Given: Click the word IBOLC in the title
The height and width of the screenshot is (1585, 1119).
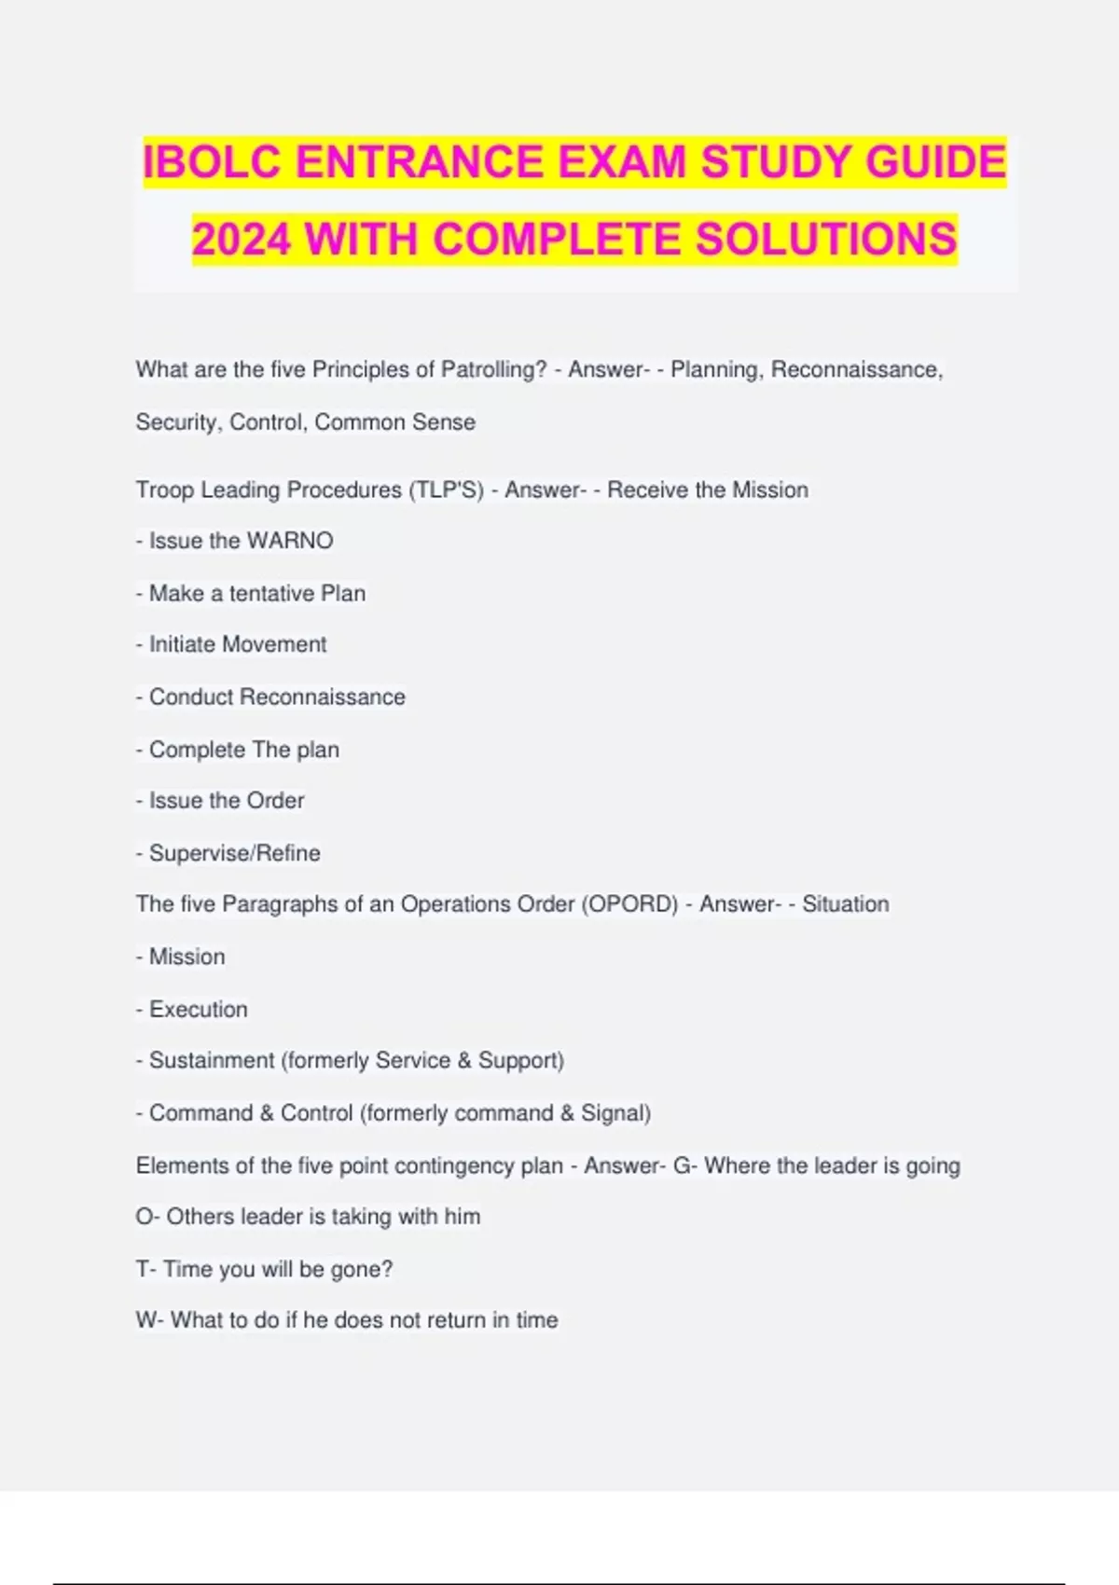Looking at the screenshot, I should click(214, 162).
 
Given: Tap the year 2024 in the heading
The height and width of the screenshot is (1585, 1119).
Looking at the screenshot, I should click(242, 240).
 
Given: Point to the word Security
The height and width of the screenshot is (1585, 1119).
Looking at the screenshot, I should click(179, 422).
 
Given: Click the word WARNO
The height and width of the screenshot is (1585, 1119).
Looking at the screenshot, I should click(290, 541).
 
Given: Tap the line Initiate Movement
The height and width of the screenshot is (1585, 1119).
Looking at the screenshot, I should click(238, 644).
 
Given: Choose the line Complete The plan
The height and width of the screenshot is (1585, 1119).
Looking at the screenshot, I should click(244, 750).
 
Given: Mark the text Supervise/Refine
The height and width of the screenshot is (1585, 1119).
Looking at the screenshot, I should click(235, 853).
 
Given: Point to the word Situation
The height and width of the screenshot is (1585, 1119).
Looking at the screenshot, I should click(846, 904).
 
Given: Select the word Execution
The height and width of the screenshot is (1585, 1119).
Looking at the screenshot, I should click(199, 1010).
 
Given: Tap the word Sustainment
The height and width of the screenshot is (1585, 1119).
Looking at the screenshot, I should click(212, 1061).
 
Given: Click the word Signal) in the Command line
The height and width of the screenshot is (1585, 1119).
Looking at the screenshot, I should click(616, 1113).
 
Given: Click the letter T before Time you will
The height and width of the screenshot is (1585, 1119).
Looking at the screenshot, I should click(142, 1270).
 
